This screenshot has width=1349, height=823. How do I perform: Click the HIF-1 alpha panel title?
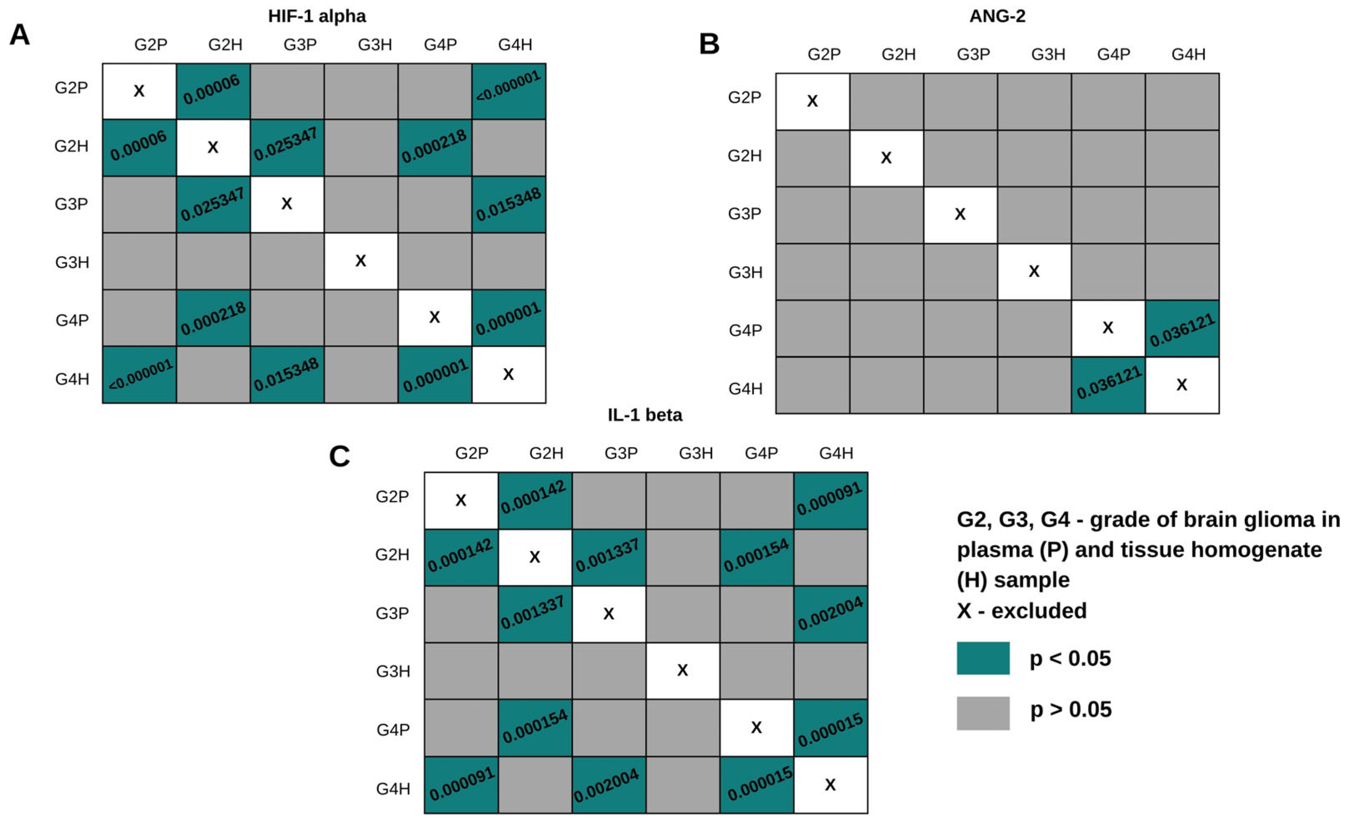pyautogui.click(x=317, y=16)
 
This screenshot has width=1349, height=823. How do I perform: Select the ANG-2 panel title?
pyautogui.click(x=997, y=16)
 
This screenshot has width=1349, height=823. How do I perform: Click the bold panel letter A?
pyautogui.click(x=20, y=35)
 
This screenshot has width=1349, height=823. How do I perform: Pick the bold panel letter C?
pyautogui.click(x=339, y=456)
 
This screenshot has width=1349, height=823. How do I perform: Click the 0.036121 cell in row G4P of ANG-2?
pyautogui.click(x=1182, y=329)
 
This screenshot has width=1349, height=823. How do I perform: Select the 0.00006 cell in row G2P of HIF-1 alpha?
pyautogui.click(x=213, y=91)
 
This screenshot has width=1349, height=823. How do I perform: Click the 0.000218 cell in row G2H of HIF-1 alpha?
pyautogui.click(x=435, y=148)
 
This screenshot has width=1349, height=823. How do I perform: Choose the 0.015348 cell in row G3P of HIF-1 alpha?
pyautogui.click(x=509, y=205)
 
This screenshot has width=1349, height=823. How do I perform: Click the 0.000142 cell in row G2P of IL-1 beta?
pyautogui.click(x=535, y=500)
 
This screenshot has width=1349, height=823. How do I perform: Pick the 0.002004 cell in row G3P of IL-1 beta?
pyautogui.click(x=831, y=614)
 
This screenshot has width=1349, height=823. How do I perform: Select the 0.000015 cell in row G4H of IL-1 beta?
pyautogui.click(x=756, y=785)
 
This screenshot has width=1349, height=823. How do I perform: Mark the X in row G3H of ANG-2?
pyautogui.click(x=1034, y=271)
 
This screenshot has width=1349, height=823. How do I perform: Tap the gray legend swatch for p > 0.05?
pyautogui.click(x=983, y=713)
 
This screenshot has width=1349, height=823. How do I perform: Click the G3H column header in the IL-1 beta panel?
pyautogui.click(x=696, y=453)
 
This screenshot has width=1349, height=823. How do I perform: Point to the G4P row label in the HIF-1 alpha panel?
pyautogui.click(x=72, y=320)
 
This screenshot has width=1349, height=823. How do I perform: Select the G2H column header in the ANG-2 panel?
pyautogui.click(x=898, y=54)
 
